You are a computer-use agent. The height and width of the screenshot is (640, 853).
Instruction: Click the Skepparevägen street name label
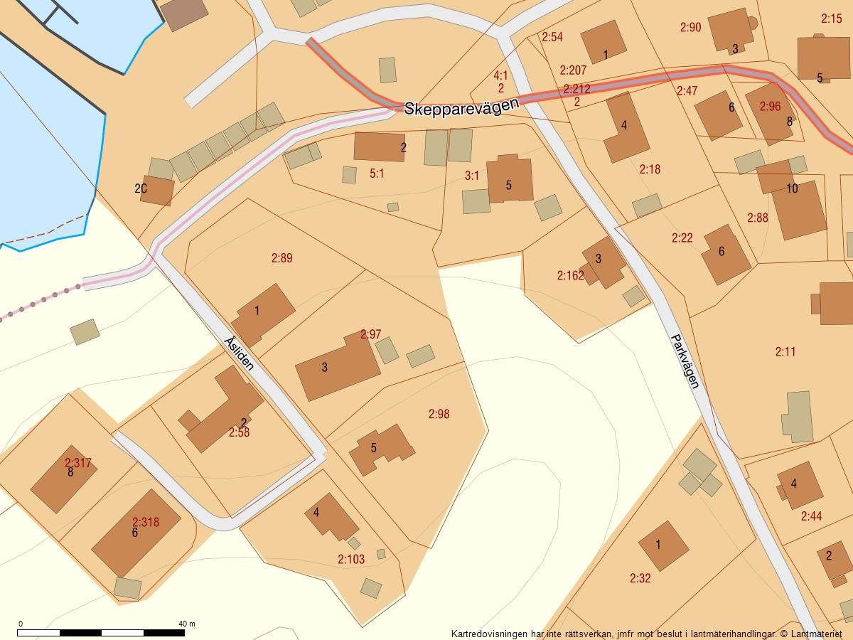coord(461,107)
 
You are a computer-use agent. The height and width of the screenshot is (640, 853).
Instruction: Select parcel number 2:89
coord(281,258)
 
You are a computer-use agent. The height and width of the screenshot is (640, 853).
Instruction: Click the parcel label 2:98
coord(439,414)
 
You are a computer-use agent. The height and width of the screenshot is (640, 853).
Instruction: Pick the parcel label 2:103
coord(351,560)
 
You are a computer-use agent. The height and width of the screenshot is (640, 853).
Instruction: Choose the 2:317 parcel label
coord(78,463)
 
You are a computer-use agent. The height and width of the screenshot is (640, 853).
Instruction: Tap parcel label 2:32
coord(640,578)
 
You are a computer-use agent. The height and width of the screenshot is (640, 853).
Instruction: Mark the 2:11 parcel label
coord(785,351)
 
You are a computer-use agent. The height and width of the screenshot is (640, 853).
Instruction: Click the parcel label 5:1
coord(377,174)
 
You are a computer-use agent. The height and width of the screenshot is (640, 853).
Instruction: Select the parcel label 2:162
coord(570,275)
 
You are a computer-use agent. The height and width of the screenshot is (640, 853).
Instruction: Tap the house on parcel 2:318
coord(135,532)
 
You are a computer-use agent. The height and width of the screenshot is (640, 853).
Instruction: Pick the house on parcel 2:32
coord(663,545)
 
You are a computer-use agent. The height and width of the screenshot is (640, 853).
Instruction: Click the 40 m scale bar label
coord(186,624)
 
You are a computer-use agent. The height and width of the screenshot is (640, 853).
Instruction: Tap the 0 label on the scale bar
coord(20,624)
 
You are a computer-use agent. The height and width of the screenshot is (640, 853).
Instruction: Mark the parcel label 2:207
coord(573,70)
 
